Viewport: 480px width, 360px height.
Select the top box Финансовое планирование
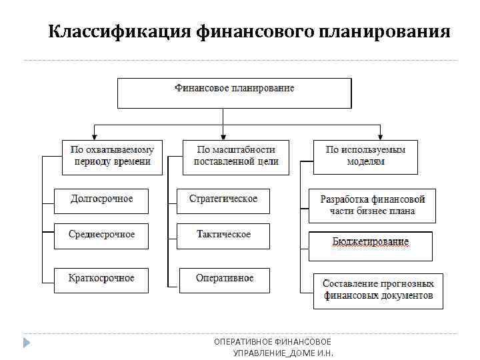coord(234,93)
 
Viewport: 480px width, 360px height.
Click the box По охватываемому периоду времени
coord(112,157)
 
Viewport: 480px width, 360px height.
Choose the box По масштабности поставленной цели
coord(236,157)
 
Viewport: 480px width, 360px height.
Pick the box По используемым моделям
coord(365,157)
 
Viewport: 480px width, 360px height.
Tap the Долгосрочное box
coord(101,200)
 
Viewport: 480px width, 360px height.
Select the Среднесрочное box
coord(101,235)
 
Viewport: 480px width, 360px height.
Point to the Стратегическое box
coord(223,200)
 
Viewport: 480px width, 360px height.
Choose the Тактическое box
coord(223,235)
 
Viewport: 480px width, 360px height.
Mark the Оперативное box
coord(225,279)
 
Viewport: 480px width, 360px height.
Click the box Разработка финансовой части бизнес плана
coord(372,205)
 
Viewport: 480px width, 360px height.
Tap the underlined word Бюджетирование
coord(370,242)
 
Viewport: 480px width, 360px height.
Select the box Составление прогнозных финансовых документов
coord(378,290)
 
